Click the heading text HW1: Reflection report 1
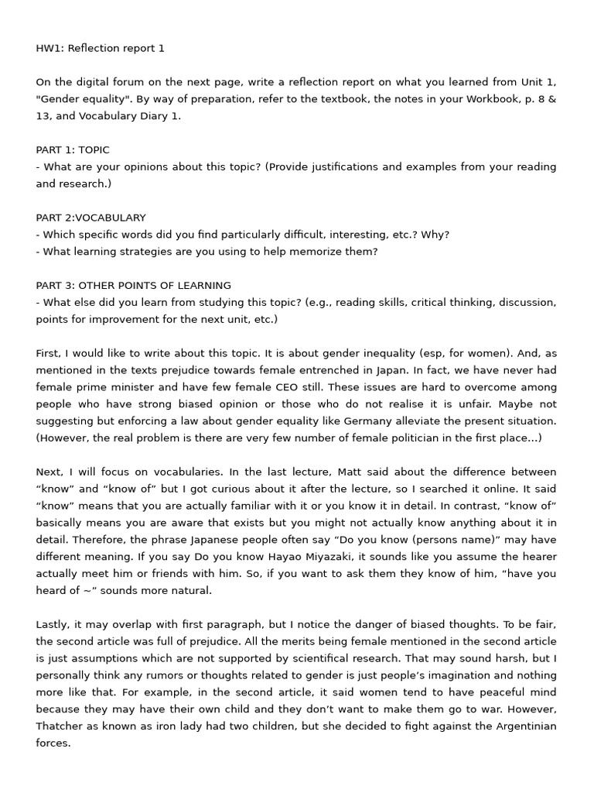pos(100,48)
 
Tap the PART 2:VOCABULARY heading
pos(90,218)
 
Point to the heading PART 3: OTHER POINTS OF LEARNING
pos(133,285)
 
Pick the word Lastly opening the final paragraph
pos(53,623)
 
